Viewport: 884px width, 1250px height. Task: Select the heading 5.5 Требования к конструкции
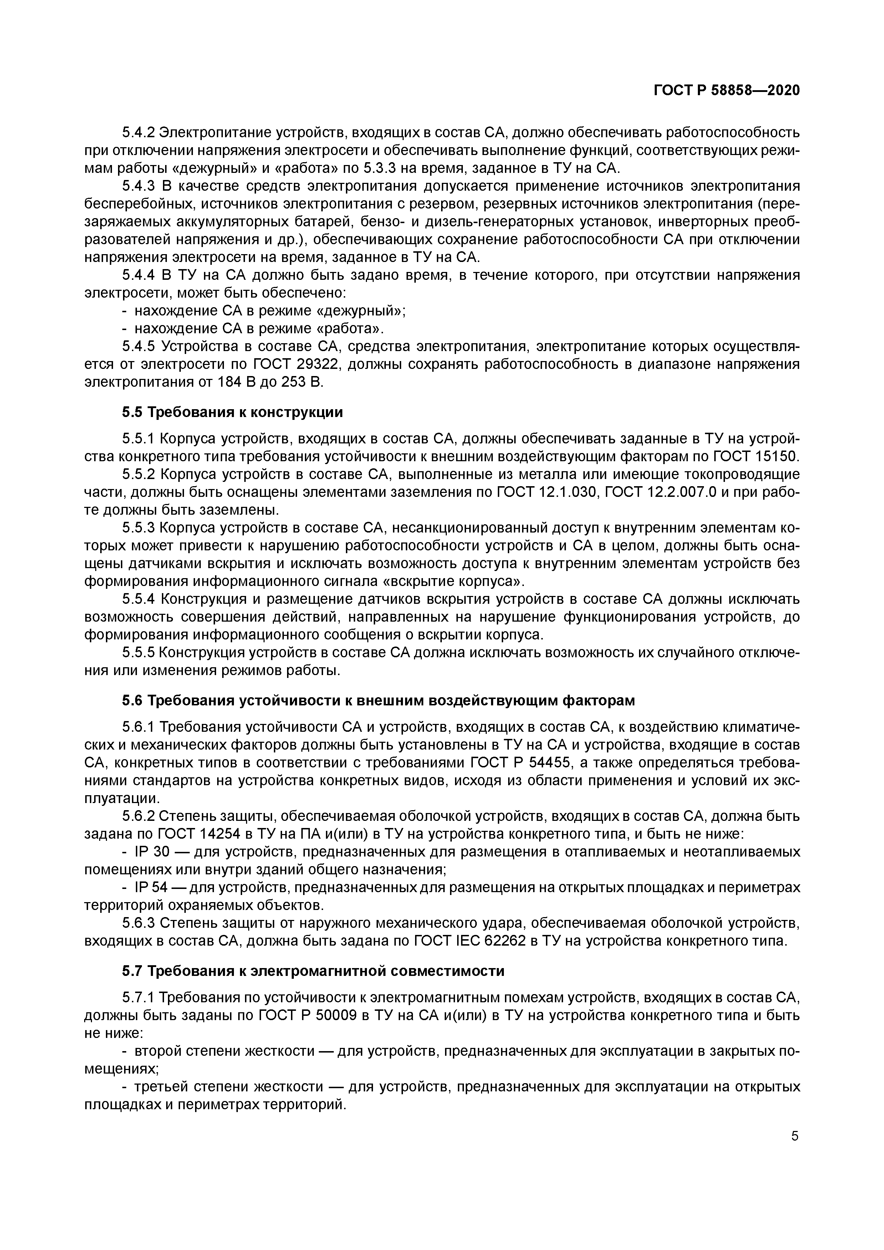coord(232,412)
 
